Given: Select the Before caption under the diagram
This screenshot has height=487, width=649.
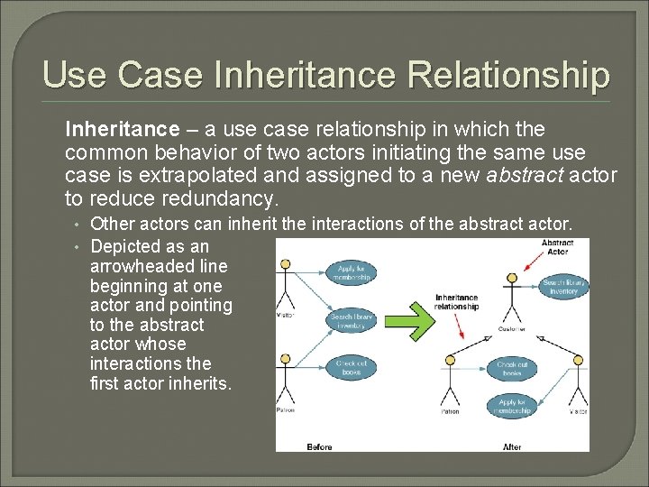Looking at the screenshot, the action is [319, 446].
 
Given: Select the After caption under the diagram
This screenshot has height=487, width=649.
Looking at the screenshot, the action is [512, 446].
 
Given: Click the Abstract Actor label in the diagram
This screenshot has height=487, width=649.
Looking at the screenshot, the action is [557, 246].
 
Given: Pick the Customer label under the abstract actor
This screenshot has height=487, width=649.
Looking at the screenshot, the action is [511, 330].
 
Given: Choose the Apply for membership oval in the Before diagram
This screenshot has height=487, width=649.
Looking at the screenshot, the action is [352, 272].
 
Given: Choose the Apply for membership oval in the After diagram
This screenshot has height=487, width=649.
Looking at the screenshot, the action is [511, 407].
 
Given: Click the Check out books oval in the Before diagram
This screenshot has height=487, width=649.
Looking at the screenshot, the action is [352, 367].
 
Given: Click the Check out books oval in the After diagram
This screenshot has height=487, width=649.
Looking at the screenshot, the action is [511, 367].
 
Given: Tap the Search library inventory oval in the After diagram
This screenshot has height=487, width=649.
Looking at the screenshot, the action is [564, 287].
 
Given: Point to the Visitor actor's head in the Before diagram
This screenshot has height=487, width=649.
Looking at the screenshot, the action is [286, 265].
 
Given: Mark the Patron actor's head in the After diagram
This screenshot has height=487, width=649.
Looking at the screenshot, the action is [450, 360].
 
